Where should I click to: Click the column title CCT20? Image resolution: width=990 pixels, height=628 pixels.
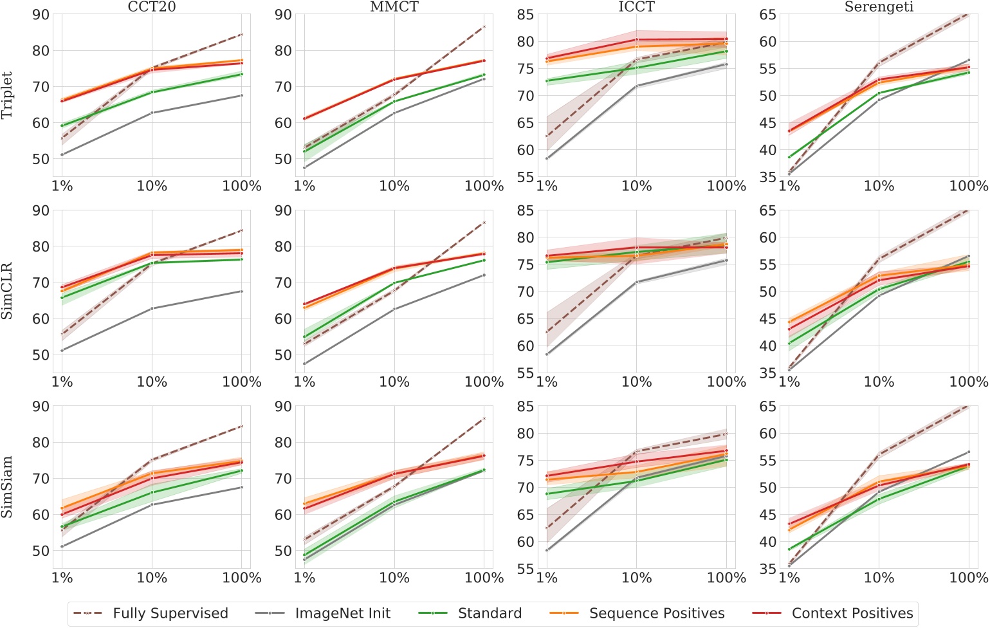coord(152,7)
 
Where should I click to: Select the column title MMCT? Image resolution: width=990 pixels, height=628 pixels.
coord(394,7)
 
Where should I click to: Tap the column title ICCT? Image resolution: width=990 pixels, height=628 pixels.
coord(636,7)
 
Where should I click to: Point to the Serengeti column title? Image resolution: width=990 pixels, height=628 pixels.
coord(879,7)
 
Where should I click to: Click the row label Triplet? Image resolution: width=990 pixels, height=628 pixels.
coord(7,95)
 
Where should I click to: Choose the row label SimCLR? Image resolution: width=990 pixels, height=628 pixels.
coord(7,291)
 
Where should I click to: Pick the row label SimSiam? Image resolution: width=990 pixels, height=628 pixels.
coord(7,487)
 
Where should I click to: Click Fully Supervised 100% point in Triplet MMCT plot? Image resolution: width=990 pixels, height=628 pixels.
coord(484,27)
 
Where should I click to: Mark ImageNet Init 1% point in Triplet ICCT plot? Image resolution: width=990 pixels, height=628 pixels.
coord(547,158)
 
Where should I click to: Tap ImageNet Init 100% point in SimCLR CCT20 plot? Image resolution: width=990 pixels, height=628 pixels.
coord(242,291)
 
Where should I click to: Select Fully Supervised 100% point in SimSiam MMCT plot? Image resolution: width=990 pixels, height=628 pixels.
coord(484,419)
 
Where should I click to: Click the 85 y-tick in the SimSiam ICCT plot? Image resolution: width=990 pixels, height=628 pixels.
coord(525,407)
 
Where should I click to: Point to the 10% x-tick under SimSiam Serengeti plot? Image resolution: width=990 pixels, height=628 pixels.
coord(879,578)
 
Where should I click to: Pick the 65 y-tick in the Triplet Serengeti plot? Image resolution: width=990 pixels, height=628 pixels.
coord(767,15)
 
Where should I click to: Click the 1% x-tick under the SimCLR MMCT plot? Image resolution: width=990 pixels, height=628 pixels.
coord(304,382)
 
